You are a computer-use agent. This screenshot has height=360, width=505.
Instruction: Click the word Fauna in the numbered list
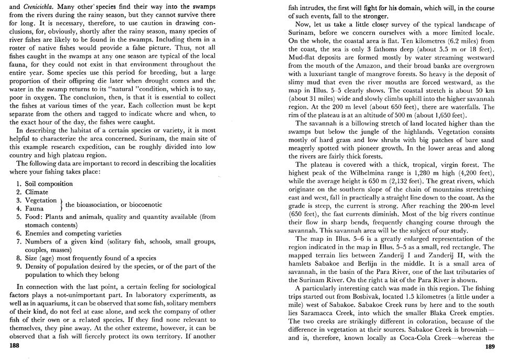35,208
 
